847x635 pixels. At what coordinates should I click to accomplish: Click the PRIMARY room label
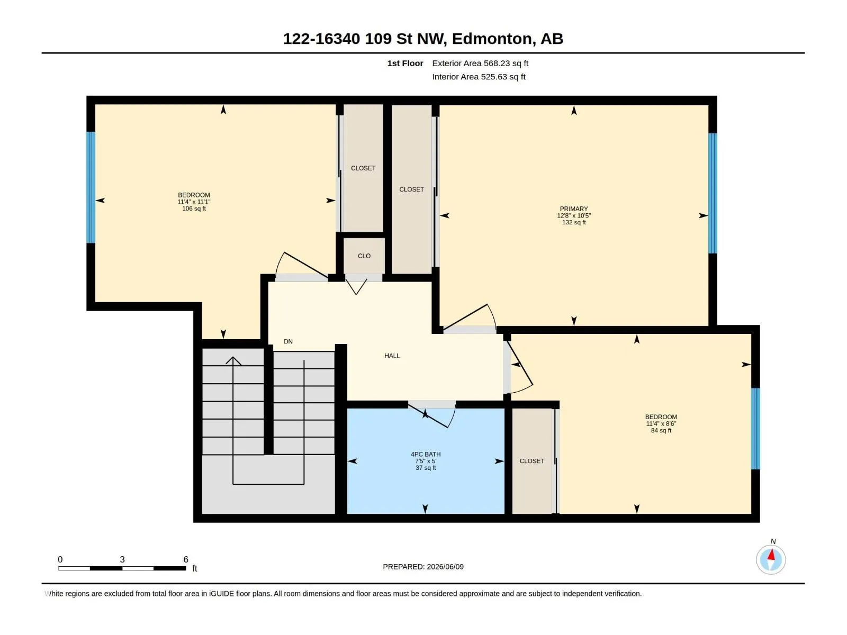pos(574,208)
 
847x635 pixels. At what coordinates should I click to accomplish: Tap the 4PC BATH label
pos(426,454)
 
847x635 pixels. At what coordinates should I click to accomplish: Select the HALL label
pos(392,356)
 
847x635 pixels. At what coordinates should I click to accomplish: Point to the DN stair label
pos(289,341)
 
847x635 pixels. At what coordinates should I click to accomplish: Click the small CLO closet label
pos(364,256)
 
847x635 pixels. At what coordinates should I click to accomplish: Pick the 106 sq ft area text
pos(194,208)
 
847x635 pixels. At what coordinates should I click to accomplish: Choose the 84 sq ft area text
pos(661,430)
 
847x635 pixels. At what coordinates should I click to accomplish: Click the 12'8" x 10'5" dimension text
pos(574,215)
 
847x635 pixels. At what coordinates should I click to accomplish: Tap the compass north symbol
pos(771,559)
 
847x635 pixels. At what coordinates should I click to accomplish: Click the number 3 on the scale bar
pos(122,559)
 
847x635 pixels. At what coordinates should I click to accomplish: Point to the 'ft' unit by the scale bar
pos(195,568)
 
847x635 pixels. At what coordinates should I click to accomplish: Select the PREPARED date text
pos(424,567)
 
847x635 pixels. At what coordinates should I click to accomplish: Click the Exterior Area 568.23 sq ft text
pos(480,63)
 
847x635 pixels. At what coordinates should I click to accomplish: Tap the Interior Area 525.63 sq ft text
pos(479,77)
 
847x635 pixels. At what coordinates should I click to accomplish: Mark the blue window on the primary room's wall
pos(713,193)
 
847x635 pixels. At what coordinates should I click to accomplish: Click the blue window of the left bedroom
pos(91,187)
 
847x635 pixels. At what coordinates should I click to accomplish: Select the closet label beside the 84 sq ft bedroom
pos(531,461)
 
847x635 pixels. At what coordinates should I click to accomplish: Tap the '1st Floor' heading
pos(405,63)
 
